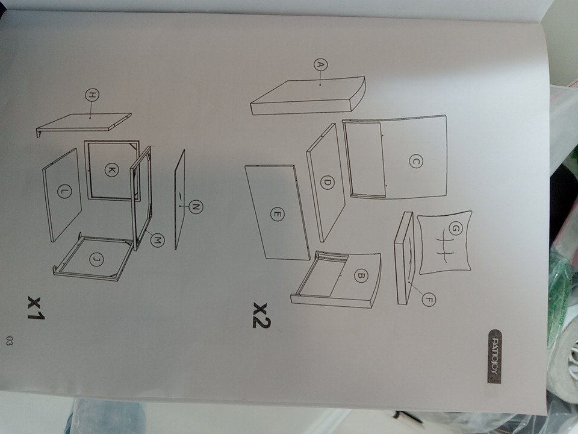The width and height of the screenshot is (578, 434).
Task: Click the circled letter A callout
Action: (321, 65)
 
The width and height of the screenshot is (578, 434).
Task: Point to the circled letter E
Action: (277, 214)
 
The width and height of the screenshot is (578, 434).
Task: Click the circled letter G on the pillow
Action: (455, 229)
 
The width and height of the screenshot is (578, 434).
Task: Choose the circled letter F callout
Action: (427, 299)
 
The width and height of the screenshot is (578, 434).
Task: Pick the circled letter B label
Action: (361, 275)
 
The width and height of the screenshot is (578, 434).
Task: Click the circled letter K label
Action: (111, 170)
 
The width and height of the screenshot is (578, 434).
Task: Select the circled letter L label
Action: (64, 191)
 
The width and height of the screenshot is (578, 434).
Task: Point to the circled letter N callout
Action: (196, 207)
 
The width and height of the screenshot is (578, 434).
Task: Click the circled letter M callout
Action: (157, 241)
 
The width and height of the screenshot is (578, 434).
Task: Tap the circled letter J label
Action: (96, 260)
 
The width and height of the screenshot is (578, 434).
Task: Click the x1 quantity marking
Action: (36, 308)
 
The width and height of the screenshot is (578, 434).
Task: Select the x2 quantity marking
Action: (261, 316)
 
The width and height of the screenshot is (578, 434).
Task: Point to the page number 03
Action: (9, 341)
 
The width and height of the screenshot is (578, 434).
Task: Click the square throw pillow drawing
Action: (445, 242)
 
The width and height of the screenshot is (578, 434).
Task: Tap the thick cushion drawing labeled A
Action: (308, 96)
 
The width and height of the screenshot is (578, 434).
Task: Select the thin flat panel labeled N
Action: (179, 200)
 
